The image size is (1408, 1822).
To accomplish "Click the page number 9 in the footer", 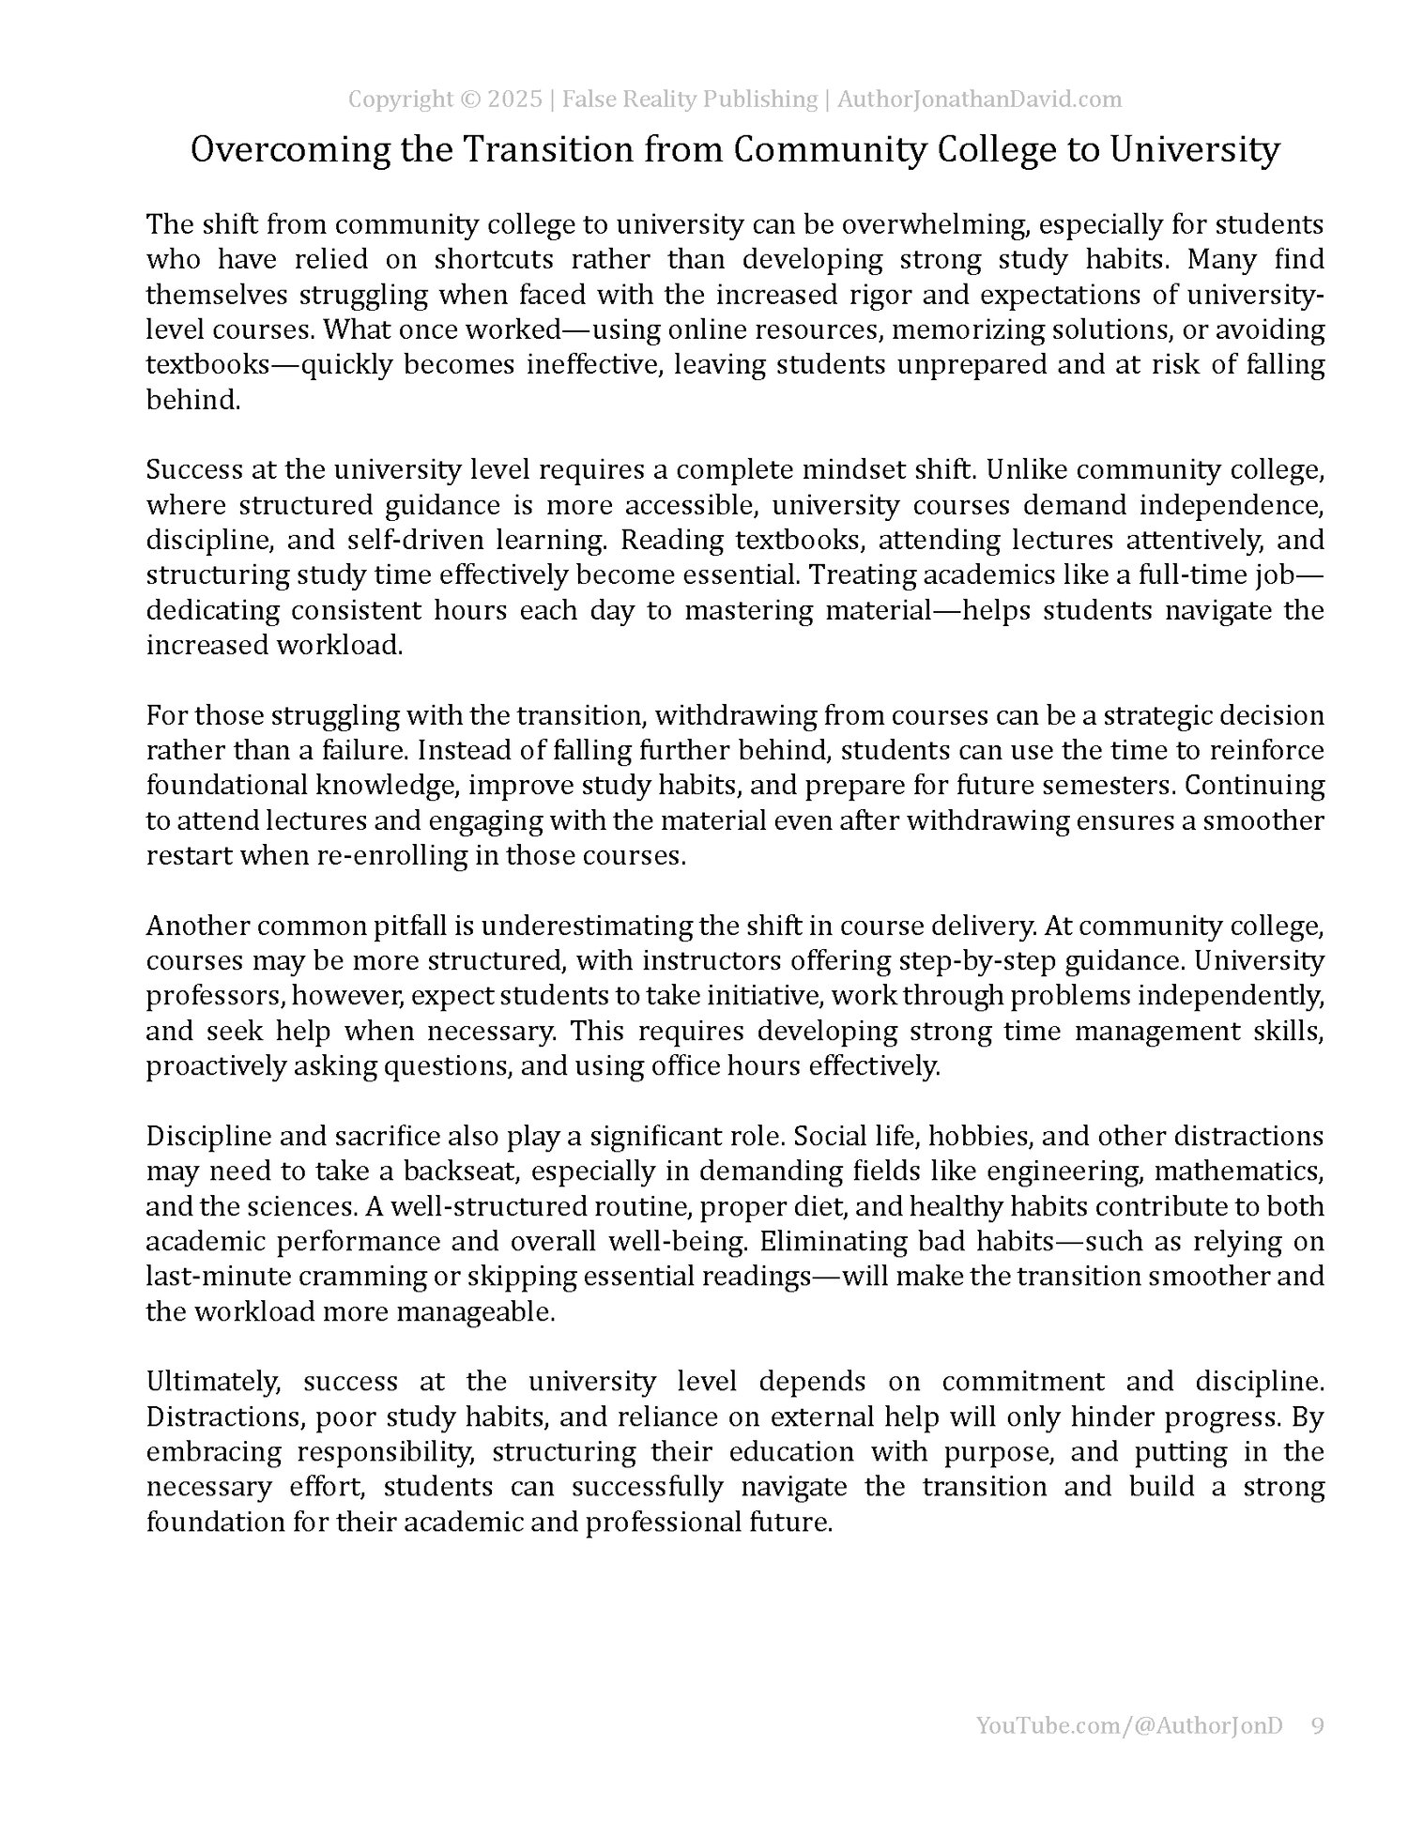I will [1317, 1752].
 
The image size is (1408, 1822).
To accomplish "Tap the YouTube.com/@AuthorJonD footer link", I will [1128, 1752].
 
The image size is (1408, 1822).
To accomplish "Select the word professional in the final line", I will [671, 1523].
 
